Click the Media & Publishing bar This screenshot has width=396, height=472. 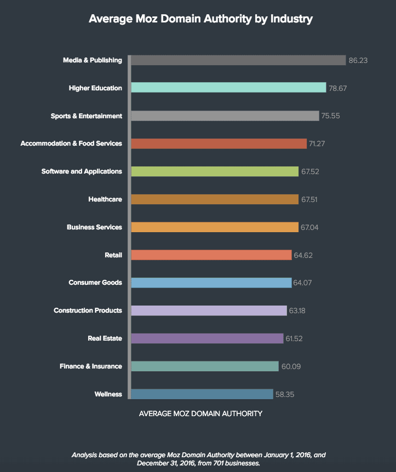point(239,60)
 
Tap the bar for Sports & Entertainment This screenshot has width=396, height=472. point(225,116)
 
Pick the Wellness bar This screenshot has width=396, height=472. point(202,394)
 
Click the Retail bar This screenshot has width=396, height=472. point(211,255)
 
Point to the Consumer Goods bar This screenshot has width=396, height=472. point(211,283)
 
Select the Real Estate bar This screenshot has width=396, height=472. point(208,338)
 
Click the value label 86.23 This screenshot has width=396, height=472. point(358,61)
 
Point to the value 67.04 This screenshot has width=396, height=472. point(310,227)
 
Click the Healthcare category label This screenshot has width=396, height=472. point(105,199)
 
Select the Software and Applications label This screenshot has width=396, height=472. point(82,171)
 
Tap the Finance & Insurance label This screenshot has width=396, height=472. point(90,366)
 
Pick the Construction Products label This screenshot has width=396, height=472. point(88,310)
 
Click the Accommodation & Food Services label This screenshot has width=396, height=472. point(71,143)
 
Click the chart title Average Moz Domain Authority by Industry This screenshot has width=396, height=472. point(200,19)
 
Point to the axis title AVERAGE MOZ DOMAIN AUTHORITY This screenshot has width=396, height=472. point(201,413)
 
